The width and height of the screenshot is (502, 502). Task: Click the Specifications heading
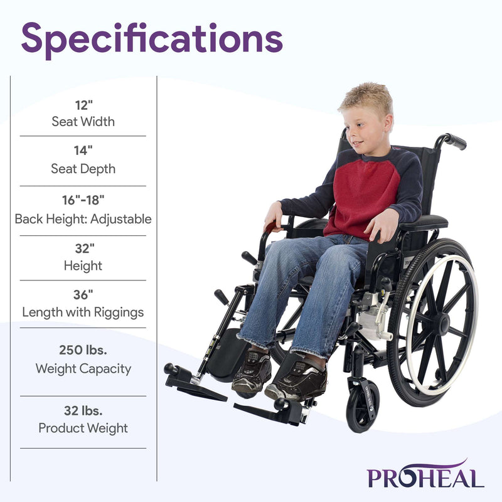coord(152,38)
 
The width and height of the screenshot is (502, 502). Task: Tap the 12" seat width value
coord(83,105)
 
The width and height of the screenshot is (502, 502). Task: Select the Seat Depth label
coord(83,169)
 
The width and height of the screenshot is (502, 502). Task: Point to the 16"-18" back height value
coord(83,200)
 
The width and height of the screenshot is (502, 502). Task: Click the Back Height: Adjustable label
coord(83,219)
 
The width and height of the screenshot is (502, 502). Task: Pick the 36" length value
coord(83,294)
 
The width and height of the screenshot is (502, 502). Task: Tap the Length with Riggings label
coord(83,312)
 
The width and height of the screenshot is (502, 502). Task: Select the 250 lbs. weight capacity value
coord(83,351)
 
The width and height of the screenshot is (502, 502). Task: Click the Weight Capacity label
coord(83,368)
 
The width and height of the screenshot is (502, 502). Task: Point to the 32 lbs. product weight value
coord(83,411)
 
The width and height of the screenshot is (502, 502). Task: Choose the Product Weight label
coord(83,429)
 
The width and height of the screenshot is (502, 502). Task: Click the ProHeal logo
coord(425,474)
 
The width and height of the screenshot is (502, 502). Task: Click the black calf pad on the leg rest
coord(227,355)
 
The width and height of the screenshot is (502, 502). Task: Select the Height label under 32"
coord(83,265)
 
